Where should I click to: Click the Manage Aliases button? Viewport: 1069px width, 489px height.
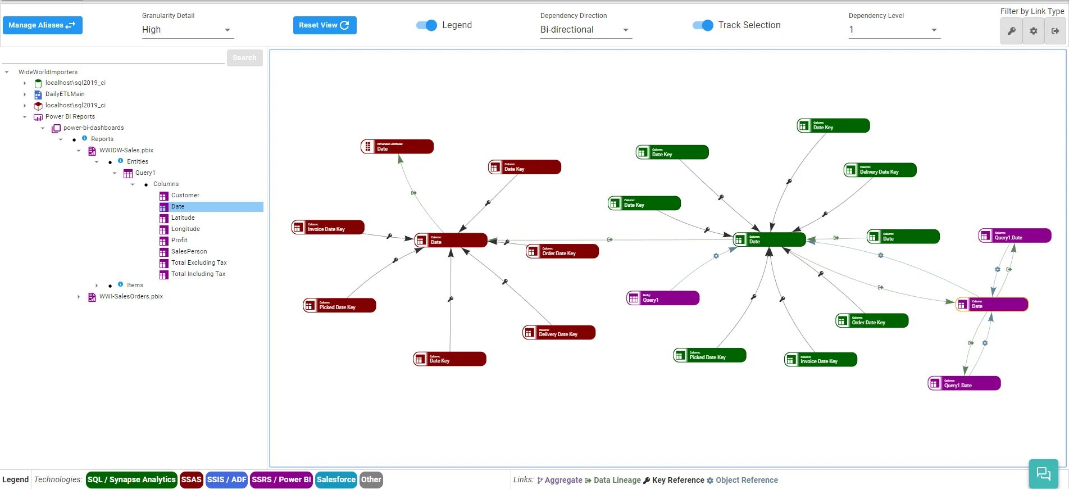click(x=42, y=25)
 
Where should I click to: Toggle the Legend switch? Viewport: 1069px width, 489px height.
click(x=426, y=25)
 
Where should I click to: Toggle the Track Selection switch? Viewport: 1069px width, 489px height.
click(x=703, y=25)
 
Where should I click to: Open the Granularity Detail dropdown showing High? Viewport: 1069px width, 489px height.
click(x=187, y=30)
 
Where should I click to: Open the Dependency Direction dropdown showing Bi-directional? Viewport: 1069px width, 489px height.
click(x=585, y=30)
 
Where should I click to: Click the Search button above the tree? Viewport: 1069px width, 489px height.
click(x=244, y=58)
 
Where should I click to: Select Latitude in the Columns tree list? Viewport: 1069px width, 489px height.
click(x=183, y=218)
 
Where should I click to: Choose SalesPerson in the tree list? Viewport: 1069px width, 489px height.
click(x=189, y=251)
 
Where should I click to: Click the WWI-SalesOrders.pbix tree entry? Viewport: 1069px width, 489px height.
click(x=131, y=296)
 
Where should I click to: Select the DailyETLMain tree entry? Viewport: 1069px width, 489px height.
click(x=65, y=94)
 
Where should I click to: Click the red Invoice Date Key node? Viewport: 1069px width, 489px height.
click(x=328, y=227)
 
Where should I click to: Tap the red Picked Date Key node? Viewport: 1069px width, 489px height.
click(x=339, y=305)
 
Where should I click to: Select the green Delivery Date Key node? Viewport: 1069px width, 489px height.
click(x=880, y=170)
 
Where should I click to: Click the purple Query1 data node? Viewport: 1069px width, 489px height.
click(x=663, y=298)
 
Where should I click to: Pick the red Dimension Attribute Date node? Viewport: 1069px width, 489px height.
click(x=397, y=147)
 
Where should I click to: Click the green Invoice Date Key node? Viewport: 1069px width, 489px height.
click(x=821, y=359)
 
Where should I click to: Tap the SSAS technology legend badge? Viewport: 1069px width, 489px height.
click(x=191, y=479)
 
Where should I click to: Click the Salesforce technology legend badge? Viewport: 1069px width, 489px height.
click(x=336, y=479)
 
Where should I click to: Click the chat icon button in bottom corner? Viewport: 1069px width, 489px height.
click(x=1043, y=473)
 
